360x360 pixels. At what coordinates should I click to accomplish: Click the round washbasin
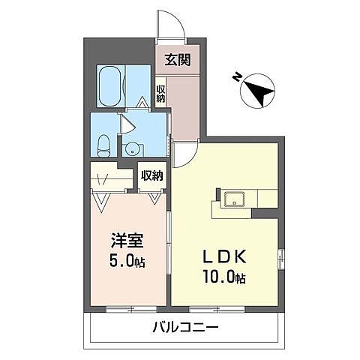tap(131, 147)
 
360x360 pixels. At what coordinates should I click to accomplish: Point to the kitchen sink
tap(233, 200)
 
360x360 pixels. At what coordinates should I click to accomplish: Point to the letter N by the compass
tap(237, 76)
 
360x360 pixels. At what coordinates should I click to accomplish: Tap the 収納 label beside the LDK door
tap(151, 176)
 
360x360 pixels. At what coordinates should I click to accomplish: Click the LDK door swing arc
tap(182, 154)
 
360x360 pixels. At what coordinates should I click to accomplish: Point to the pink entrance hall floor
tap(183, 105)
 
